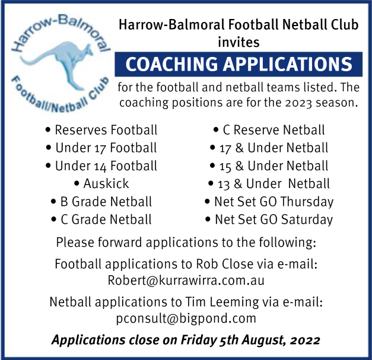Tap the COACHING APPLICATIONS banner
[x=239, y=64]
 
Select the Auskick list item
[x=101, y=183]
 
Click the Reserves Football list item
[x=101, y=130]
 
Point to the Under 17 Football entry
[x=101, y=148]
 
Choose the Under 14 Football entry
[x=101, y=166]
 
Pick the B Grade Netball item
[x=101, y=202]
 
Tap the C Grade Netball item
[x=101, y=219]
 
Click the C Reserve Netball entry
[x=269, y=130]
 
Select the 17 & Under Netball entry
[x=269, y=148]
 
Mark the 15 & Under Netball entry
[x=269, y=166]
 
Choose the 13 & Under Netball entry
[x=269, y=184]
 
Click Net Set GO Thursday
[x=269, y=202]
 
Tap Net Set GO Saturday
[x=269, y=219]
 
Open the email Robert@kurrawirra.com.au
[x=186, y=281]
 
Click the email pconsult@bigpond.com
[x=186, y=318]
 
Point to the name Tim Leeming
[x=222, y=302]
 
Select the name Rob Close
[x=225, y=264]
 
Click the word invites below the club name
[x=239, y=42]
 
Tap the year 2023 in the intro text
[x=298, y=103]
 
